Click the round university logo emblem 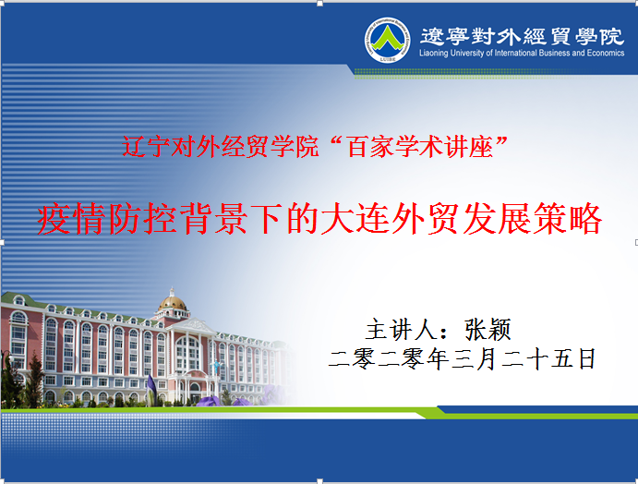point(387,40)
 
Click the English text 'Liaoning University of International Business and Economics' point(522,53)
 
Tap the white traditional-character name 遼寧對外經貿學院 point(522,36)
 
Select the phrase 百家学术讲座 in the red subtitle point(420,147)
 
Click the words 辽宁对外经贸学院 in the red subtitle point(220,147)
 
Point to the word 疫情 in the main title point(72,219)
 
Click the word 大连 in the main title point(355,219)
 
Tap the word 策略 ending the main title point(567,219)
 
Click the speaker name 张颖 point(488,330)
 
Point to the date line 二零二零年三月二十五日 point(462,358)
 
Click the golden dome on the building point(173,302)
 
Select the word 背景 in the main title point(214,219)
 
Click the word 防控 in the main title point(143,219)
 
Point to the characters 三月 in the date point(474,358)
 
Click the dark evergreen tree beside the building point(35,381)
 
